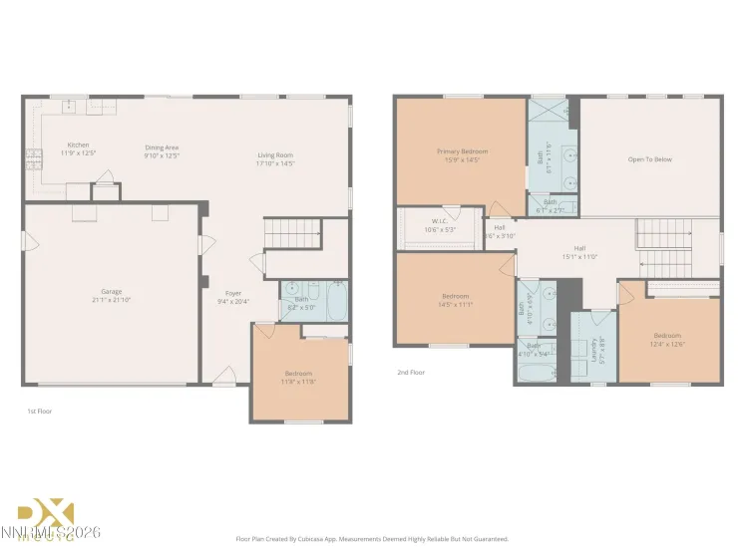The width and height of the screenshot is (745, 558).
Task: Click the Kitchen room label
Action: point(78,144)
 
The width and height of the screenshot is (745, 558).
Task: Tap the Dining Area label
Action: point(161,147)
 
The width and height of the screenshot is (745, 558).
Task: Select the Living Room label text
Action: point(275,154)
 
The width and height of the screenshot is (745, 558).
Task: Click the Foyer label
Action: point(232,294)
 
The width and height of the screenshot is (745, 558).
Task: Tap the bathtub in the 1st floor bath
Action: point(335,300)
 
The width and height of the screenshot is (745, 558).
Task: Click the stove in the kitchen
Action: point(33,154)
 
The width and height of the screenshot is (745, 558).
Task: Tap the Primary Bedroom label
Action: point(462,151)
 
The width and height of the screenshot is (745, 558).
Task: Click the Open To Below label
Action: point(649,158)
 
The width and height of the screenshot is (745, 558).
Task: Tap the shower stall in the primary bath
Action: point(549,112)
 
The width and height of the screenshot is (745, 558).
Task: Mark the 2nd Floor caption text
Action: point(411,372)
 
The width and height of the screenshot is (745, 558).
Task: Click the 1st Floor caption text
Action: point(39,411)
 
